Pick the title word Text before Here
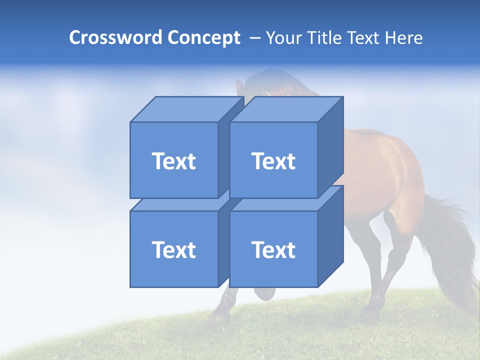pyautogui.click(x=364, y=38)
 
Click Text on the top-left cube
pyautogui.click(x=174, y=161)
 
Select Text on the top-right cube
pyautogui.click(x=273, y=161)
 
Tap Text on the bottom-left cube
pyautogui.click(x=174, y=249)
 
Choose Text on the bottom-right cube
pyautogui.click(x=273, y=249)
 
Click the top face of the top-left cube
pyautogui.click(x=186, y=109)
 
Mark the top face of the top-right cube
pyautogui.click(x=286, y=109)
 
